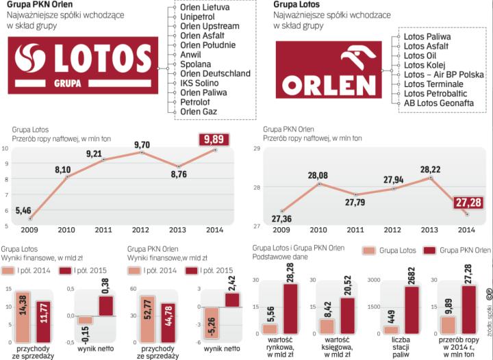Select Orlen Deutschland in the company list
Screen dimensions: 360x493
pyautogui.click(x=215, y=73)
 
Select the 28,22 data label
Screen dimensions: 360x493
pyautogui.click(x=430, y=169)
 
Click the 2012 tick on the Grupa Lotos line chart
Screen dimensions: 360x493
pyautogui.click(x=142, y=230)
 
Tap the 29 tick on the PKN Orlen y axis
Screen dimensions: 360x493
pyautogui.click(x=257, y=149)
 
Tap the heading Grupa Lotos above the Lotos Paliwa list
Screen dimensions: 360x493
pyautogui.click(x=290, y=5)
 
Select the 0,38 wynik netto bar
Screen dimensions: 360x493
pyautogui.click(x=105, y=306)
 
